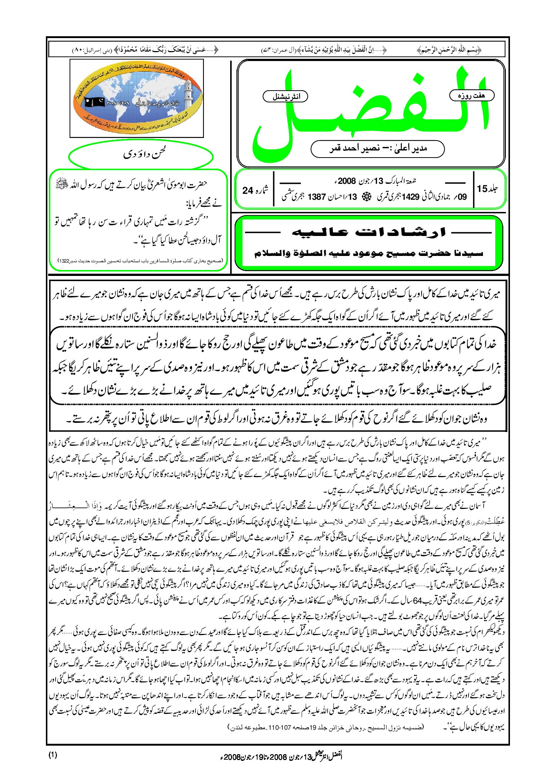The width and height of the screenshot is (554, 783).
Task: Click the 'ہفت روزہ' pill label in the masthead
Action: coord(471,95)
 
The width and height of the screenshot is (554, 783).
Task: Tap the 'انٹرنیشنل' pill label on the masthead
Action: coord(285,97)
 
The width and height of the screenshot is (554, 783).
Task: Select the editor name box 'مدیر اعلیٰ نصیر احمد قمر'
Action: coord(377,148)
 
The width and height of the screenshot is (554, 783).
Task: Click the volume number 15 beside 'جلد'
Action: coord(482,189)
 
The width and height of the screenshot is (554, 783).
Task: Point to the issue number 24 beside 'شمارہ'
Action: coord(248,190)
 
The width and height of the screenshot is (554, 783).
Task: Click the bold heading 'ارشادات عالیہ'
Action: coord(369,233)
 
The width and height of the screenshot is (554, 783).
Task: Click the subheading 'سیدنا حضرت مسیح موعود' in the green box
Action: coord(369,253)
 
